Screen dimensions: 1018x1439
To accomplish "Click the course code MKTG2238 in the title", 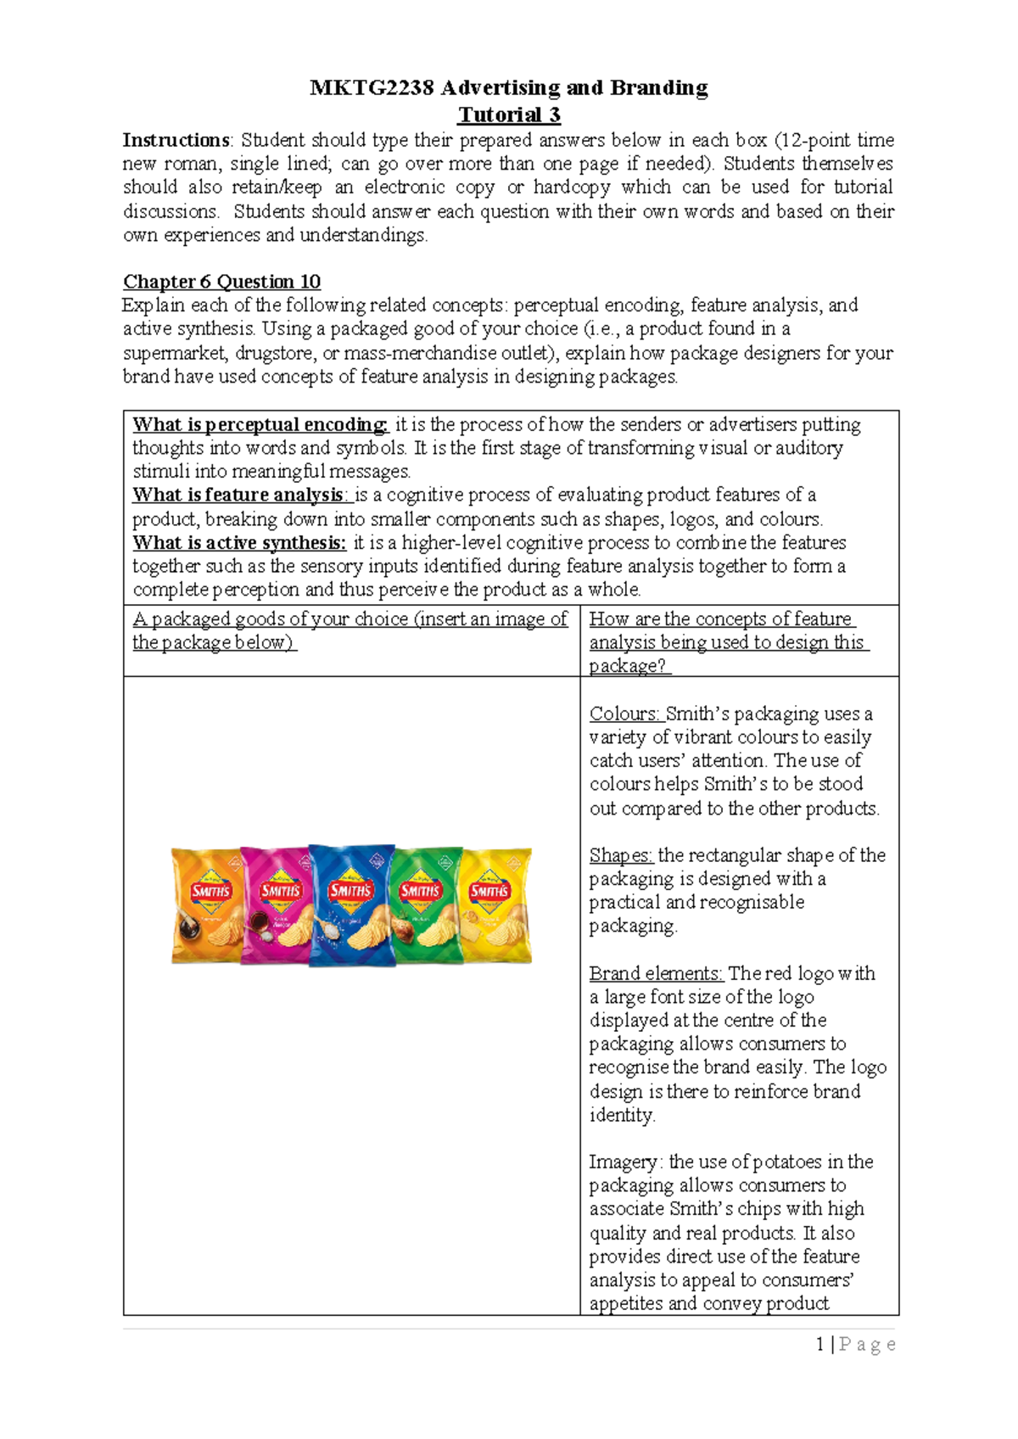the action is click(x=372, y=87).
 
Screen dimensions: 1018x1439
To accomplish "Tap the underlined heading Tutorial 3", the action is click(x=509, y=115).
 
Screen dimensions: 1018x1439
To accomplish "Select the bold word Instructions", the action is click(x=176, y=140).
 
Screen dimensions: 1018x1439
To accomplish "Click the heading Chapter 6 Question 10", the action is click(x=221, y=282).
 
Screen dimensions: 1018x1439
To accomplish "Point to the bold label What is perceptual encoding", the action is click(x=260, y=424).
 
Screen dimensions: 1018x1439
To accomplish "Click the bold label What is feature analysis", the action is click(x=238, y=495).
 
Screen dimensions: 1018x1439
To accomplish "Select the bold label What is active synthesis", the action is click(x=239, y=543).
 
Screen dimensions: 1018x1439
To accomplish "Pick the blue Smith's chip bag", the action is click(x=351, y=906).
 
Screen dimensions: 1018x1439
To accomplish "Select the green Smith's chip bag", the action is click(x=427, y=906).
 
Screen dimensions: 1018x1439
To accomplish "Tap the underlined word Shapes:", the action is click(x=621, y=855).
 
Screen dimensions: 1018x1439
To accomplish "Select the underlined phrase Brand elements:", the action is click(x=656, y=973).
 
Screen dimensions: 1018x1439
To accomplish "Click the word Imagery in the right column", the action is click(x=623, y=1162).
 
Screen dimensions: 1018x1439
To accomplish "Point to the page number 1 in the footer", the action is click(x=820, y=1344).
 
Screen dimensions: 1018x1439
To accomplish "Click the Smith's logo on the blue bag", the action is click(x=350, y=890).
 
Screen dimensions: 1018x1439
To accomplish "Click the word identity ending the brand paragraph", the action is click(x=621, y=1115).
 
